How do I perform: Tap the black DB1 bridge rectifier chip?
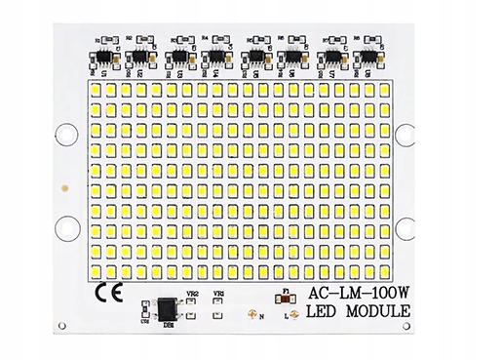click(169, 304)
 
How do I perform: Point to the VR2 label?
click(192, 293)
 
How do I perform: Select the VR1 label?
click(220, 293)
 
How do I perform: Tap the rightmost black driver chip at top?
click(370, 58)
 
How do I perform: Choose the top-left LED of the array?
click(97, 90)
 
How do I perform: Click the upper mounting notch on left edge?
click(65, 132)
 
